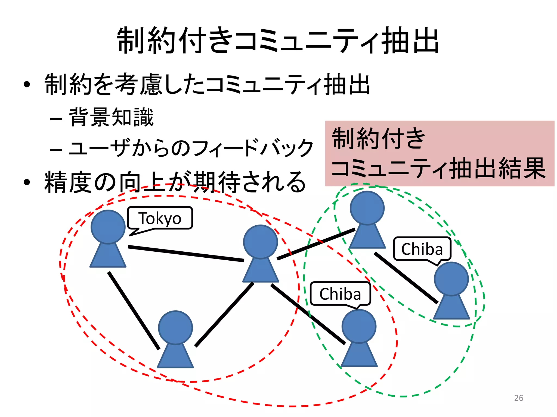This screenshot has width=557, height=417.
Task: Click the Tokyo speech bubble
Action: click(x=160, y=218)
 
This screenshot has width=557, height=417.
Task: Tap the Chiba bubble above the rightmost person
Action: click(x=422, y=249)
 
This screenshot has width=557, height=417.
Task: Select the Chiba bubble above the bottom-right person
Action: click(x=340, y=294)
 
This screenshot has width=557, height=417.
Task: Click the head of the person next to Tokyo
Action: click(x=108, y=227)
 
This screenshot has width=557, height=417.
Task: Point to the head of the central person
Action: click(x=260, y=242)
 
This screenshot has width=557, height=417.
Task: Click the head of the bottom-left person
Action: click(x=175, y=328)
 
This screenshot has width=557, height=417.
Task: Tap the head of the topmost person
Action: click(x=367, y=208)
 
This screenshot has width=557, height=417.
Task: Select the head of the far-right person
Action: click(x=451, y=279)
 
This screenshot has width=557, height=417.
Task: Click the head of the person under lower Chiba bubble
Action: click(x=359, y=326)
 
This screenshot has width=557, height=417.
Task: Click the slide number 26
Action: click(x=519, y=398)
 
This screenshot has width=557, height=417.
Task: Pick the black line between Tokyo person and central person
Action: click(x=186, y=254)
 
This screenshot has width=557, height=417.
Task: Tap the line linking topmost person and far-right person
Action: click(x=406, y=278)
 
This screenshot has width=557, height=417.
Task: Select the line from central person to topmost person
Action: click(x=316, y=244)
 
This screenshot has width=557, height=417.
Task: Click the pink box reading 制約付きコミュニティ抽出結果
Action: click(x=440, y=153)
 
